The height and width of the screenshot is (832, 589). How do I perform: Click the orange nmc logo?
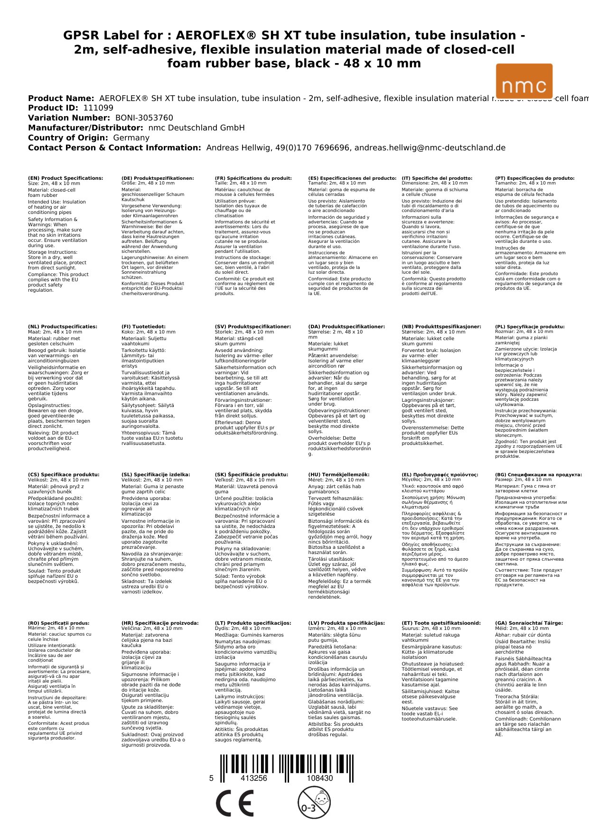tap(524, 81)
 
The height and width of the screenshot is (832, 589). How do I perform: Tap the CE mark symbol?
tap(234, 803)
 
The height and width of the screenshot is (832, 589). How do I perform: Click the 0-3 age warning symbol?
tap(314, 803)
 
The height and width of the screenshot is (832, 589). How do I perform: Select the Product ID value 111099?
tap(98, 108)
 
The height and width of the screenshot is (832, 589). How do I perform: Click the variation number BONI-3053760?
tap(144, 118)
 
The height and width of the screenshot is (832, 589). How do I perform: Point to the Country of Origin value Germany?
tap(131, 138)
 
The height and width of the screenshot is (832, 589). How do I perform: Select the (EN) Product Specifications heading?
tap(65, 178)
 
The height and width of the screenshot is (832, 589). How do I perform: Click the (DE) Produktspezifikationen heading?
tap(158, 178)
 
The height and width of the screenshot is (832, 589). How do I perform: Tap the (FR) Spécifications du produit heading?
tap(253, 178)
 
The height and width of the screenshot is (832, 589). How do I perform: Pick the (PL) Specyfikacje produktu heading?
tap(530, 327)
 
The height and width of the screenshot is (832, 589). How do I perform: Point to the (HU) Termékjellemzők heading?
tap(338, 475)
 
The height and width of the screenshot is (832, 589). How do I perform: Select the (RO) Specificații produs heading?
tap(58, 623)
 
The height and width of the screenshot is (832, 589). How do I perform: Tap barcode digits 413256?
tap(254, 778)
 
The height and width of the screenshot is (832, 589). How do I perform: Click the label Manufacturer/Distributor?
tap(85, 128)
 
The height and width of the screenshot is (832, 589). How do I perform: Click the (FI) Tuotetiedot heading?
tap(143, 327)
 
